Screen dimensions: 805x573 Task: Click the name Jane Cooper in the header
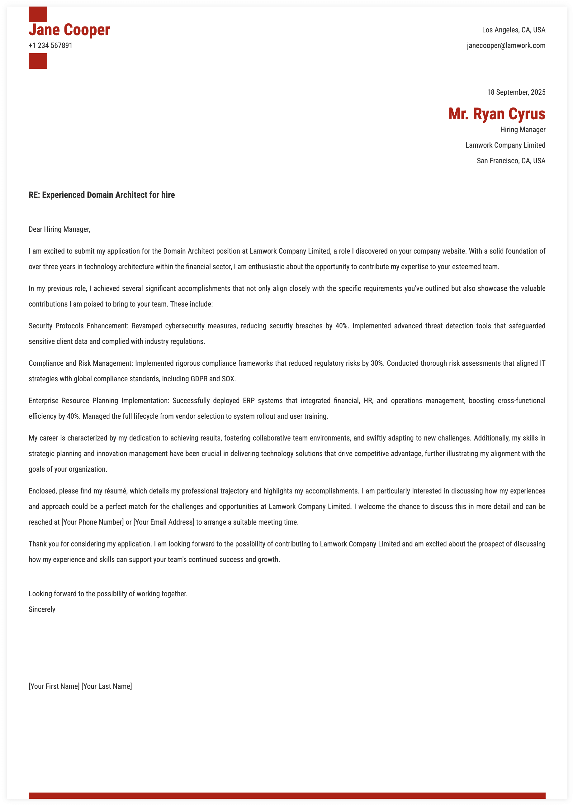(x=69, y=30)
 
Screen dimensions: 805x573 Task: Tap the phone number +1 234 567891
(x=50, y=45)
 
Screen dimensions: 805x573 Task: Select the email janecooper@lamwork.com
(x=506, y=45)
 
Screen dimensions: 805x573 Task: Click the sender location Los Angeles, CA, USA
(x=514, y=30)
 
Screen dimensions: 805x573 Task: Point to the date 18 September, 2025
(x=516, y=93)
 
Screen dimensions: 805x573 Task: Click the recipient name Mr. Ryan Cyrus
(x=496, y=114)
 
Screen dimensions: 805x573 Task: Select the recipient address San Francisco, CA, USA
(x=511, y=161)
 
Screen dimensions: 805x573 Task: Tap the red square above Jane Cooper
(x=38, y=14)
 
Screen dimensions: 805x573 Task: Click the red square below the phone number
(x=38, y=61)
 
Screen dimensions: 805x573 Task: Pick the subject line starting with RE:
(x=102, y=195)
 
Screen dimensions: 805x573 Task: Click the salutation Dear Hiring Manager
(x=59, y=229)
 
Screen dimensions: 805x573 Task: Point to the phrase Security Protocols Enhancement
(x=78, y=326)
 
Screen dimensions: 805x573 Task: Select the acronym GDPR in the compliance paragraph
(x=199, y=379)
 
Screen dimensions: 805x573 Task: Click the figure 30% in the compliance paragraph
(x=377, y=364)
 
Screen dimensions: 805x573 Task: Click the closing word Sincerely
(x=42, y=609)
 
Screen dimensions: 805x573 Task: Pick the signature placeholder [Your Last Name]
(x=107, y=686)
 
